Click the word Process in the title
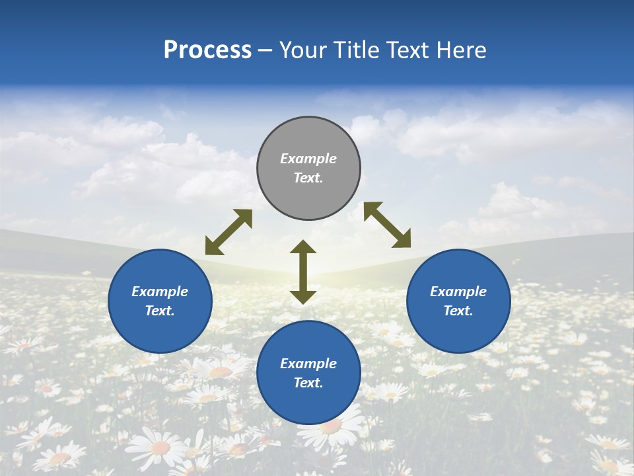(x=207, y=50)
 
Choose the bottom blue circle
(x=308, y=403)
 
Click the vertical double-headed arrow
(x=303, y=272)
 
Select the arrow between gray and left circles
(x=229, y=232)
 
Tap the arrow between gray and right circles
(x=387, y=225)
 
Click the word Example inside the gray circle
(x=308, y=159)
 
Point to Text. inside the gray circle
(x=308, y=178)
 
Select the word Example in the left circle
(x=160, y=292)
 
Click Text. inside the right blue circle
(x=458, y=311)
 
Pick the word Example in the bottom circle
(x=308, y=364)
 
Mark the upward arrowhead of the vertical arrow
(x=303, y=247)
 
